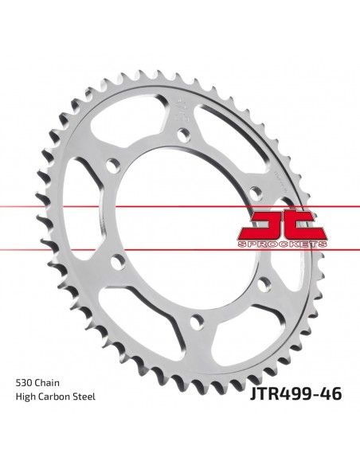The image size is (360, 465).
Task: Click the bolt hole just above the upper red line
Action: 254,193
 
